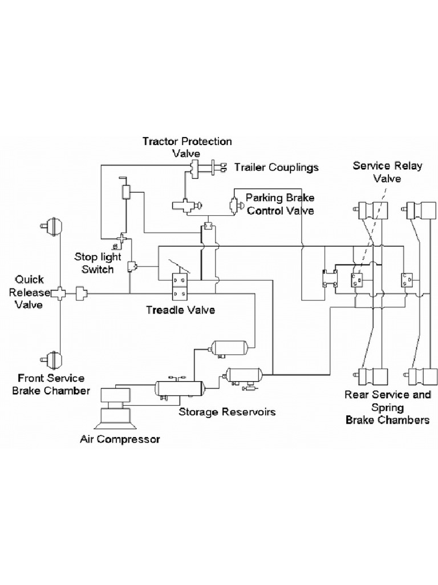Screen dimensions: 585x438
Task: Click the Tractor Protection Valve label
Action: (x=187, y=147)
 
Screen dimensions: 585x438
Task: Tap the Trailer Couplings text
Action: (x=277, y=167)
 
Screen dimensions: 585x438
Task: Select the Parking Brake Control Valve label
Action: (x=280, y=204)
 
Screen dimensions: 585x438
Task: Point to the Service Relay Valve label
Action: (x=387, y=172)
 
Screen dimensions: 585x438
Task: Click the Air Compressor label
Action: (x=120, y=439)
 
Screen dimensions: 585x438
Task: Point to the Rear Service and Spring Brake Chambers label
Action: (x=387, y=407)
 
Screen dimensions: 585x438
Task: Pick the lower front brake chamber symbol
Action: (x=54, y=359)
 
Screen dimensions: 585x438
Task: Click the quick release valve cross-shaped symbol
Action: (x=59, y=294)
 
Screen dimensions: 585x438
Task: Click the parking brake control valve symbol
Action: (x=233, y=204)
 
